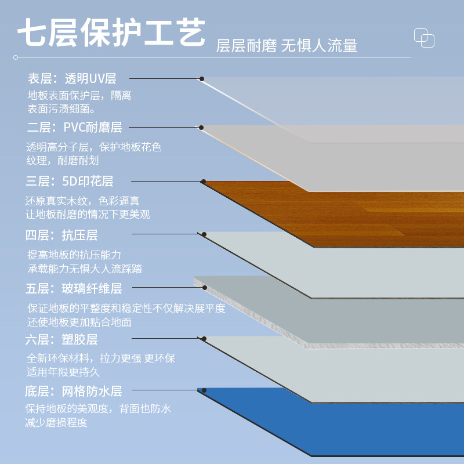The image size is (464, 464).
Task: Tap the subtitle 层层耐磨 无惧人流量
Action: (287, 46)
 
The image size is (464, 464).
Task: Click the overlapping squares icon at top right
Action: (424, 38)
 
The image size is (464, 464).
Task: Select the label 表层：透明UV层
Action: (72, 78)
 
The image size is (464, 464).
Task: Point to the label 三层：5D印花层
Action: (70, 181)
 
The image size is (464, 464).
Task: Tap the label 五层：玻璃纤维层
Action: (74, 288)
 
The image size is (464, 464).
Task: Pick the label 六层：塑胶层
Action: (61, 339)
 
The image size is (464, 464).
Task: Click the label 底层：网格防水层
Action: (74, 391)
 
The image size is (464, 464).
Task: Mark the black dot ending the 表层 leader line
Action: (202, 78)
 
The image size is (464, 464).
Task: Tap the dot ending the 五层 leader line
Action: (204, 287)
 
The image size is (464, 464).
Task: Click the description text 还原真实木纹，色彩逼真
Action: (82, 201)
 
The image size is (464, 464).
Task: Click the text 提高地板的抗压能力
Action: (74, 255)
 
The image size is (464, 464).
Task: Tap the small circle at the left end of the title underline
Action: (16, 57)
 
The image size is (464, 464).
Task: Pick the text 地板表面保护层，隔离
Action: (79, 95)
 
